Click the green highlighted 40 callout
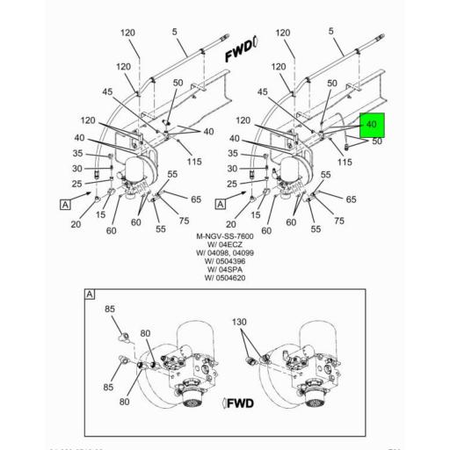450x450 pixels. (x=371, y=126)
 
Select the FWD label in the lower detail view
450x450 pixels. (x=240, y=403)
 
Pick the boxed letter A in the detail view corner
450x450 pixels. (x=90, y=294)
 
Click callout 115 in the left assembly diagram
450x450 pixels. (x=194, y=162)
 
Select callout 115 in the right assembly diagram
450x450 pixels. (x=345, y=162)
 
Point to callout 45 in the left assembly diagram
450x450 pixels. (x=107, y=91)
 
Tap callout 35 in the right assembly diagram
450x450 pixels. (x=233, y=153)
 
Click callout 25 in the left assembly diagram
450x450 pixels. (x=78, y=184)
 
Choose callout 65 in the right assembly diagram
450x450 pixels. (x=351, y=200)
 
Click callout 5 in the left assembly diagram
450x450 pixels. (x=175, y=33)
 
